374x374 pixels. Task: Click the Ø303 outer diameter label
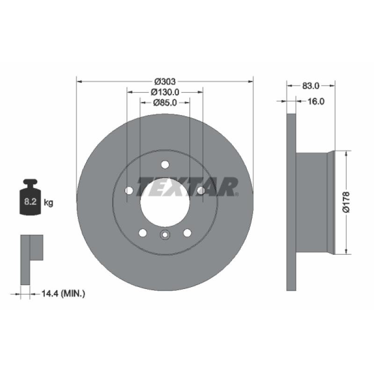(x=165, y=81)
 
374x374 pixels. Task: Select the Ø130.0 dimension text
(x=165, y=92)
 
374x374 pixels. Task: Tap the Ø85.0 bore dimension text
(x=165, y=102)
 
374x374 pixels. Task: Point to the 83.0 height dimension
(x=310, y=86)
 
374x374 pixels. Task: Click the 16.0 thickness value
(x=316, y=101)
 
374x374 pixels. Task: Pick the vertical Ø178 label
(x=346, y=202)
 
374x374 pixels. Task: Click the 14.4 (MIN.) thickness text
(x=63, y=294)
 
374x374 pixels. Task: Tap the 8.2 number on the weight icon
(x=30, y=201)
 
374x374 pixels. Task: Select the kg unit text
(x=49, y=203)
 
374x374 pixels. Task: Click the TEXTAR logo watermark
(x=187, y=187)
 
